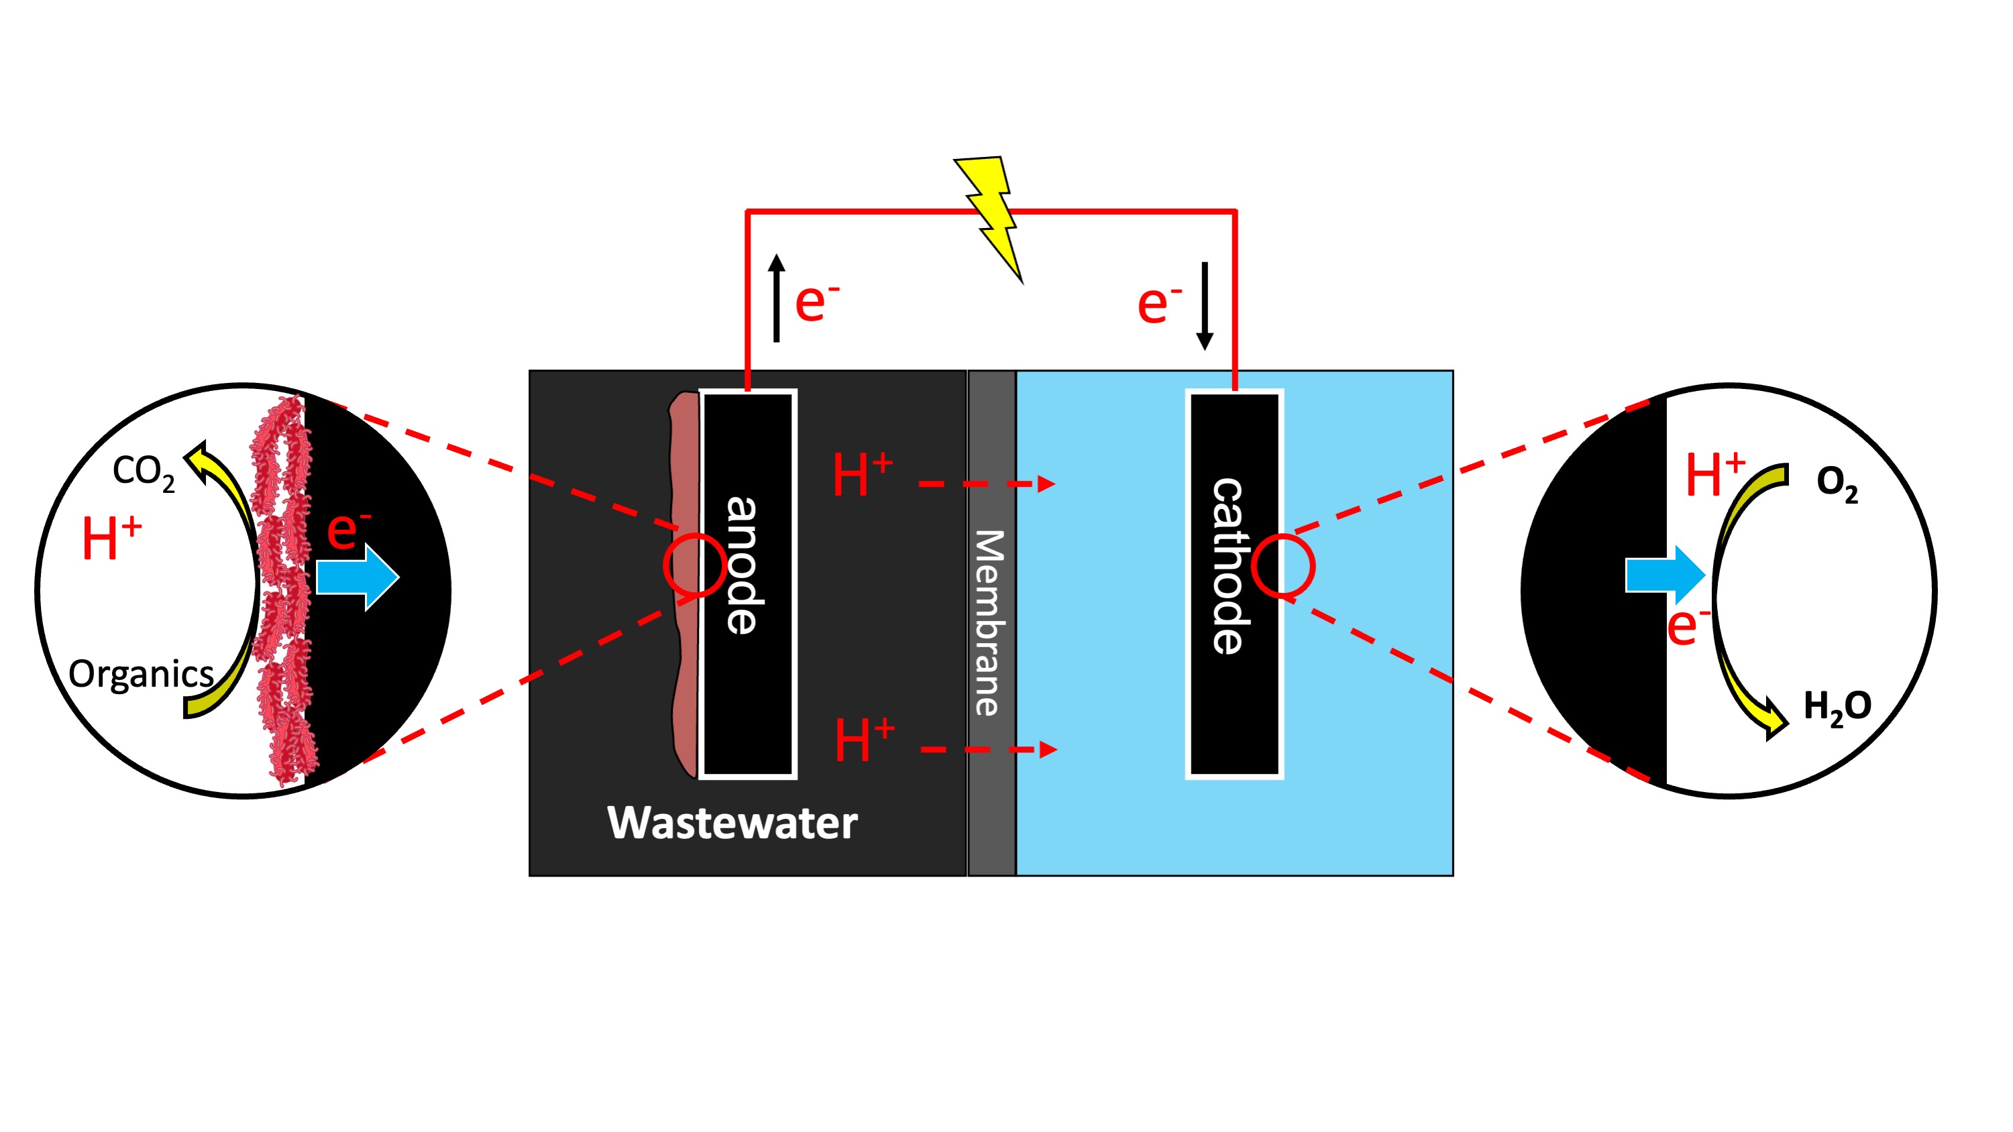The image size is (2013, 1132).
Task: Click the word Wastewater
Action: tap(732, 823)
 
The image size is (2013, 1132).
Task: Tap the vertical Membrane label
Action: tap(990, 622)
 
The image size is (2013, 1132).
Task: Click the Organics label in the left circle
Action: tap(141, 673)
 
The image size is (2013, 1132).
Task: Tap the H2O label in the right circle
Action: tap(1837, 707)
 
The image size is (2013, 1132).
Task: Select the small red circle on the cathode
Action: tap(1283, 565)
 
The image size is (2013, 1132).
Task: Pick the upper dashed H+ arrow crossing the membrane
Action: tap(987, 484)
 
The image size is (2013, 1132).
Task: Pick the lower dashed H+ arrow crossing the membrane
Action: tap(989, 750)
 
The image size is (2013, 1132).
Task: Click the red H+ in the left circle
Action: tap(111, 539)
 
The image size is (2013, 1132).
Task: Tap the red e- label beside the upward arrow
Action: tap(816, 302)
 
